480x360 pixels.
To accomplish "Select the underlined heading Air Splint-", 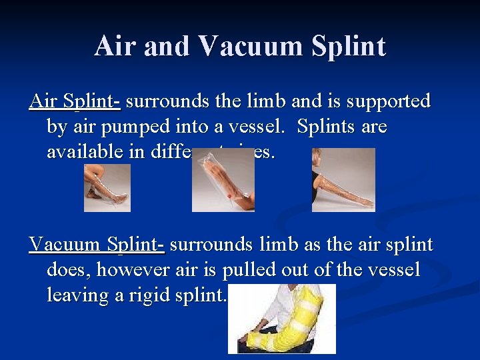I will (x=75, y=102).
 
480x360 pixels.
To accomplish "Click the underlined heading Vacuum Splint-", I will (x=97, y=245).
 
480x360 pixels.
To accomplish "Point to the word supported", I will (x=385, y=102).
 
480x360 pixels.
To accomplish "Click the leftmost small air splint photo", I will (x=107, y=188).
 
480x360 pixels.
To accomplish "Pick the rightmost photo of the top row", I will (x=343, y=180).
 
